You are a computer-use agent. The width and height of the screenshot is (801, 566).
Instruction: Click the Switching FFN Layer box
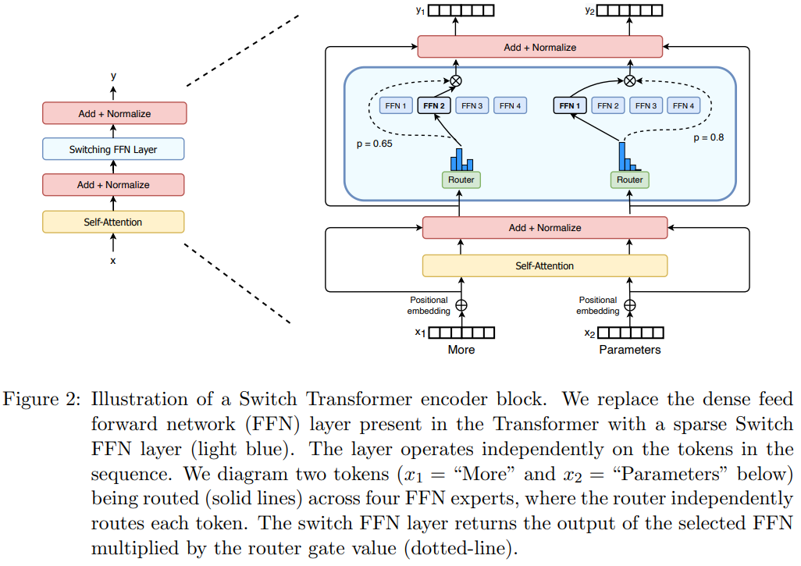pos(113,149)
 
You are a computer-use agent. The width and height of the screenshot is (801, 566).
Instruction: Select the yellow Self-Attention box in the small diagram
pos(113,222)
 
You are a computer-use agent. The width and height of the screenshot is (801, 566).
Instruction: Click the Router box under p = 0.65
pos(461,180)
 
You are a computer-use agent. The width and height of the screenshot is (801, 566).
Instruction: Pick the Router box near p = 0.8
pos(630,180)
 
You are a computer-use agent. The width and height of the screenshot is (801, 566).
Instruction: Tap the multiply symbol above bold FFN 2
pos(455,80)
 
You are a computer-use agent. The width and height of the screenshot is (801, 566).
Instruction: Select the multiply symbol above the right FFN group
pos(630,80)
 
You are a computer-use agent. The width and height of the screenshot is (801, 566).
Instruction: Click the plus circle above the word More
pos(461,305)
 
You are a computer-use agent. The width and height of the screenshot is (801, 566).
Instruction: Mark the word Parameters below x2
pos(629,350)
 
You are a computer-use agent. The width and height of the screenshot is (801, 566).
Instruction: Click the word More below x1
pos(461,350)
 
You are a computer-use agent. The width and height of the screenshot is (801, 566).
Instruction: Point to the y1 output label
pos(420,10)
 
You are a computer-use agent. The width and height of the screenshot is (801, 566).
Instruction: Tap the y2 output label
pos(589,10)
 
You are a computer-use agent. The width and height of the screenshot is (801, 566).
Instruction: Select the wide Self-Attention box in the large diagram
pos(544,265)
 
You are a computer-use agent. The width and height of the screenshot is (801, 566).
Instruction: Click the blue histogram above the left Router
pos(461,159)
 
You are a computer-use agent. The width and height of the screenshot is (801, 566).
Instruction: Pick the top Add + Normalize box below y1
pos(539,47)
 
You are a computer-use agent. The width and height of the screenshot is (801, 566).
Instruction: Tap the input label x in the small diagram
pos(113,261)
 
